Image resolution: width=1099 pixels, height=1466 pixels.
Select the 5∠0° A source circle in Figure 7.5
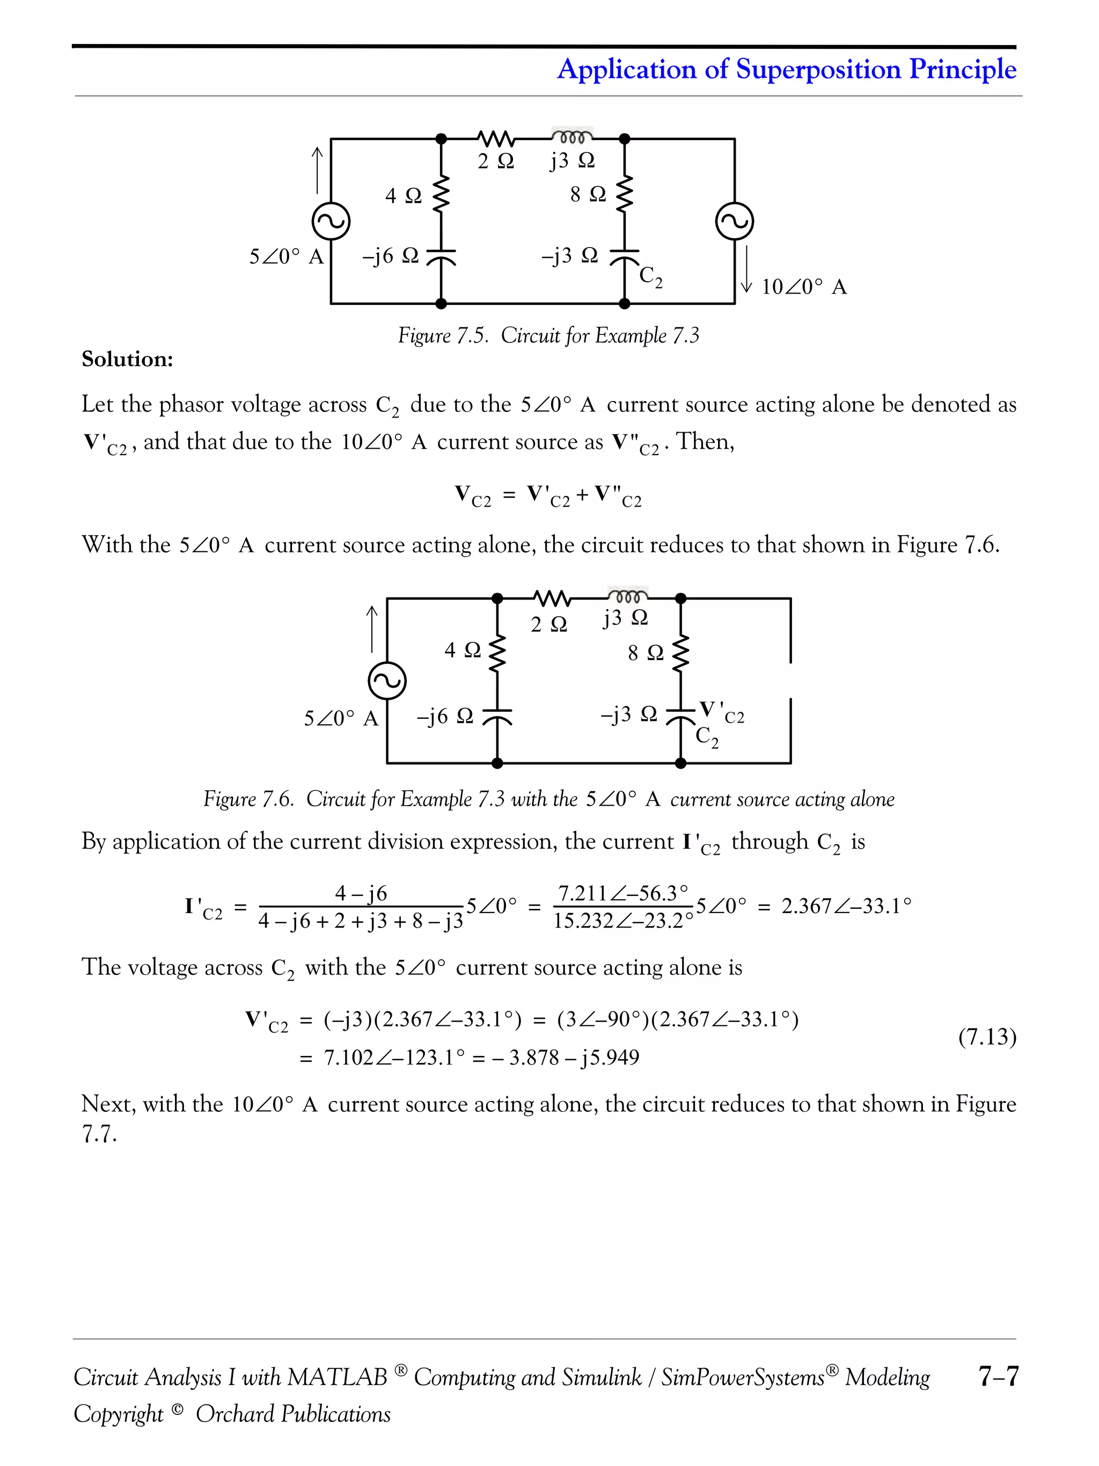pos(331,221)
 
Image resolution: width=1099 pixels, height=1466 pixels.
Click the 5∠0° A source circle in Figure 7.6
pos(387,681)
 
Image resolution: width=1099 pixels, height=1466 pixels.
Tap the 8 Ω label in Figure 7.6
pos(645,653)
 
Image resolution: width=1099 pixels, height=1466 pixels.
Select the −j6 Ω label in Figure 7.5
pos(390,256)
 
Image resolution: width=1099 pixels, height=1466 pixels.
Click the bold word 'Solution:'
pos(127,359)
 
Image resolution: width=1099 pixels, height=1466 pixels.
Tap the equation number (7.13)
pos(987,1037)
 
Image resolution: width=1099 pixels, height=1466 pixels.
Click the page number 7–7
pos(998,1376)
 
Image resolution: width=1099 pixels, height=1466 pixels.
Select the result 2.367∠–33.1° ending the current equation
pos(846,906)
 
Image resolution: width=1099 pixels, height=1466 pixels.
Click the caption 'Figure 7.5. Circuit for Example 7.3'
pos(548,335)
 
